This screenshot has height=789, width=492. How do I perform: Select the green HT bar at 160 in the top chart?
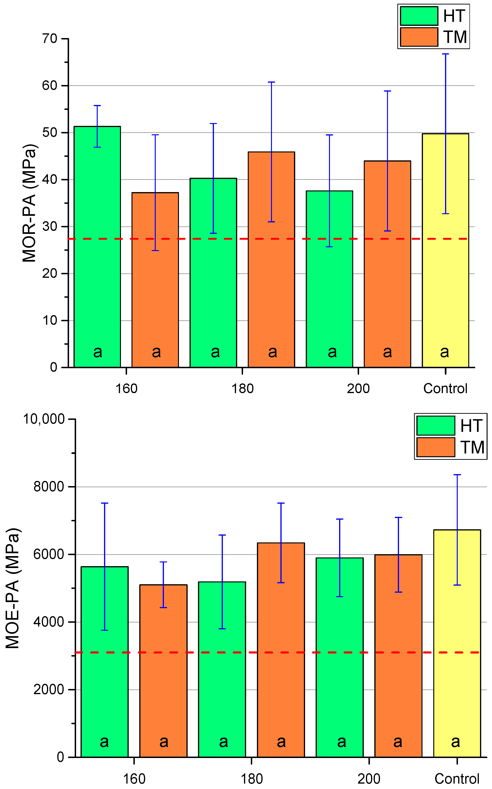[97, 260]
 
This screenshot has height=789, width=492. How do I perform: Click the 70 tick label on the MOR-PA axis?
[50, 39]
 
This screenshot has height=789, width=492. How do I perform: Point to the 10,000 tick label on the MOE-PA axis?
[44, 419]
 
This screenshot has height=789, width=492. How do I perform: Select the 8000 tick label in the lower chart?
[49, 487]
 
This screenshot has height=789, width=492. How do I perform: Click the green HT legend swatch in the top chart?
[419, 16]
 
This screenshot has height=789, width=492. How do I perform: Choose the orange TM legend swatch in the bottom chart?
[435, 447]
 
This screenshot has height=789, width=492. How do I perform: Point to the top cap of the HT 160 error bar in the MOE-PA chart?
[105, 503]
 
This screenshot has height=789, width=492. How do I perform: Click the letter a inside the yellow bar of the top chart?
[445, 352]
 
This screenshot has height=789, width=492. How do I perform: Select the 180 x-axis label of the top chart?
[242, 388]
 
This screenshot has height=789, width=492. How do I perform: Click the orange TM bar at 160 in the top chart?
[155, 286]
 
